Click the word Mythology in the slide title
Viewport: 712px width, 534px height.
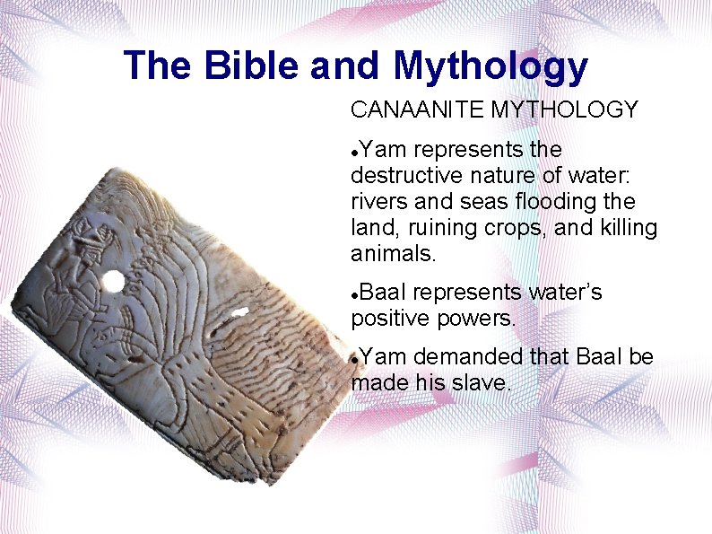[x=491, y=66]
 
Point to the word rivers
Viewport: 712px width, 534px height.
[x=378, y=201]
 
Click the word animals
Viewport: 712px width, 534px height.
[x=393, y=254]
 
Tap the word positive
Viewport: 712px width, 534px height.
[x=385, y=319]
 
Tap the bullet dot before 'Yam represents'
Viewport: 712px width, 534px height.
[x=356, y=150]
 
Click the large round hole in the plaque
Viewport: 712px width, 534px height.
[x=113, y=283]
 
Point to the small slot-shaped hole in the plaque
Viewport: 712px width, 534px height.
[x=238, y=313]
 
